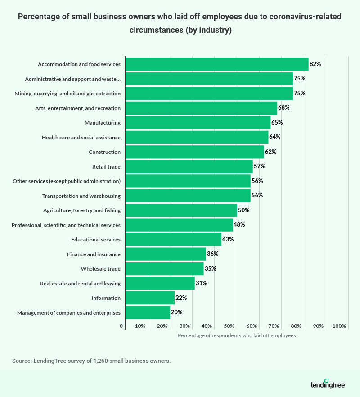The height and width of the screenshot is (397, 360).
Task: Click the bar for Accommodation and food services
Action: (216, 64)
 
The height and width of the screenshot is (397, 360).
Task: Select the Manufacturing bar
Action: (198, 122)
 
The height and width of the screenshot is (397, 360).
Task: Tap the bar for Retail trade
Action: (189, 166)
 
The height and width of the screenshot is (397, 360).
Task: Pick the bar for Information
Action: (150, 298)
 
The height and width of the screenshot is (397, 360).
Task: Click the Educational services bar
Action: (173, 239)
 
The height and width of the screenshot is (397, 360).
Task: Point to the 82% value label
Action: (315, 64)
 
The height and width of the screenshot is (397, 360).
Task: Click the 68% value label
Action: (283, 108)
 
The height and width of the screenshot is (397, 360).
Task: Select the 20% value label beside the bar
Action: (176, 312)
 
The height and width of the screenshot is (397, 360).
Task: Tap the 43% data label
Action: (228, 239)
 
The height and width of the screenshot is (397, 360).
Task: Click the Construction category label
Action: (104, 152)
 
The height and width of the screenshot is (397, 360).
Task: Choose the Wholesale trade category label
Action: (101, 269)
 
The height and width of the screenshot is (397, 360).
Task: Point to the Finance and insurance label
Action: (94, 254)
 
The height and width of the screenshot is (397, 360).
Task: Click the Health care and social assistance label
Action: (81, 137)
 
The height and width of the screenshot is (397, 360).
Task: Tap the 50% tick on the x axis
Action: (229, 326)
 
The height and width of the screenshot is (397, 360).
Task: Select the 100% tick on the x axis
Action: (339, 326)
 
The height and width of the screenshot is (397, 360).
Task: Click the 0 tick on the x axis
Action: (121, 326)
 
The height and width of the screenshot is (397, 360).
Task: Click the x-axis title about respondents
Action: (237, 335)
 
